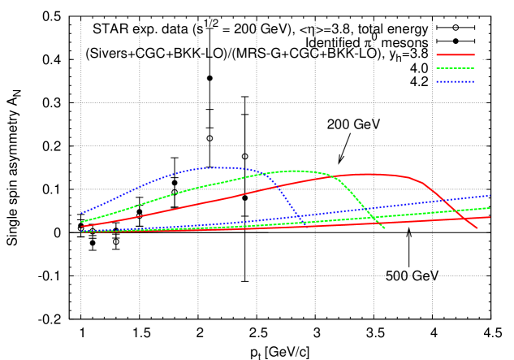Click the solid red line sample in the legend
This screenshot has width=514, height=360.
pos(455,55)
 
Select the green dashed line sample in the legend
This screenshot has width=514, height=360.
pos(455,68)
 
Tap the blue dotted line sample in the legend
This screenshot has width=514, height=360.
pos(455,81)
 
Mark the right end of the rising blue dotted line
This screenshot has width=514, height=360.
pos(490,195)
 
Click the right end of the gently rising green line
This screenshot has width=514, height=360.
pos(490,208)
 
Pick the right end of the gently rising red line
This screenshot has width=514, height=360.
pos(490,217)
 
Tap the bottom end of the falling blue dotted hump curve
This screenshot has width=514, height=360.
pos(303,222)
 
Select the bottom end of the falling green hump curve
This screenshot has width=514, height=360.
pos(385,228)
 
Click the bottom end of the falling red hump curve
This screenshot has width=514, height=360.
pos(477,228)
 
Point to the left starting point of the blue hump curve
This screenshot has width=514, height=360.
pos(81,213)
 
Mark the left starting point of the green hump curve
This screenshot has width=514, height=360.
pos(81,222)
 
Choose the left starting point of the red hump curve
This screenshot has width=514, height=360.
pos(81,227)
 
